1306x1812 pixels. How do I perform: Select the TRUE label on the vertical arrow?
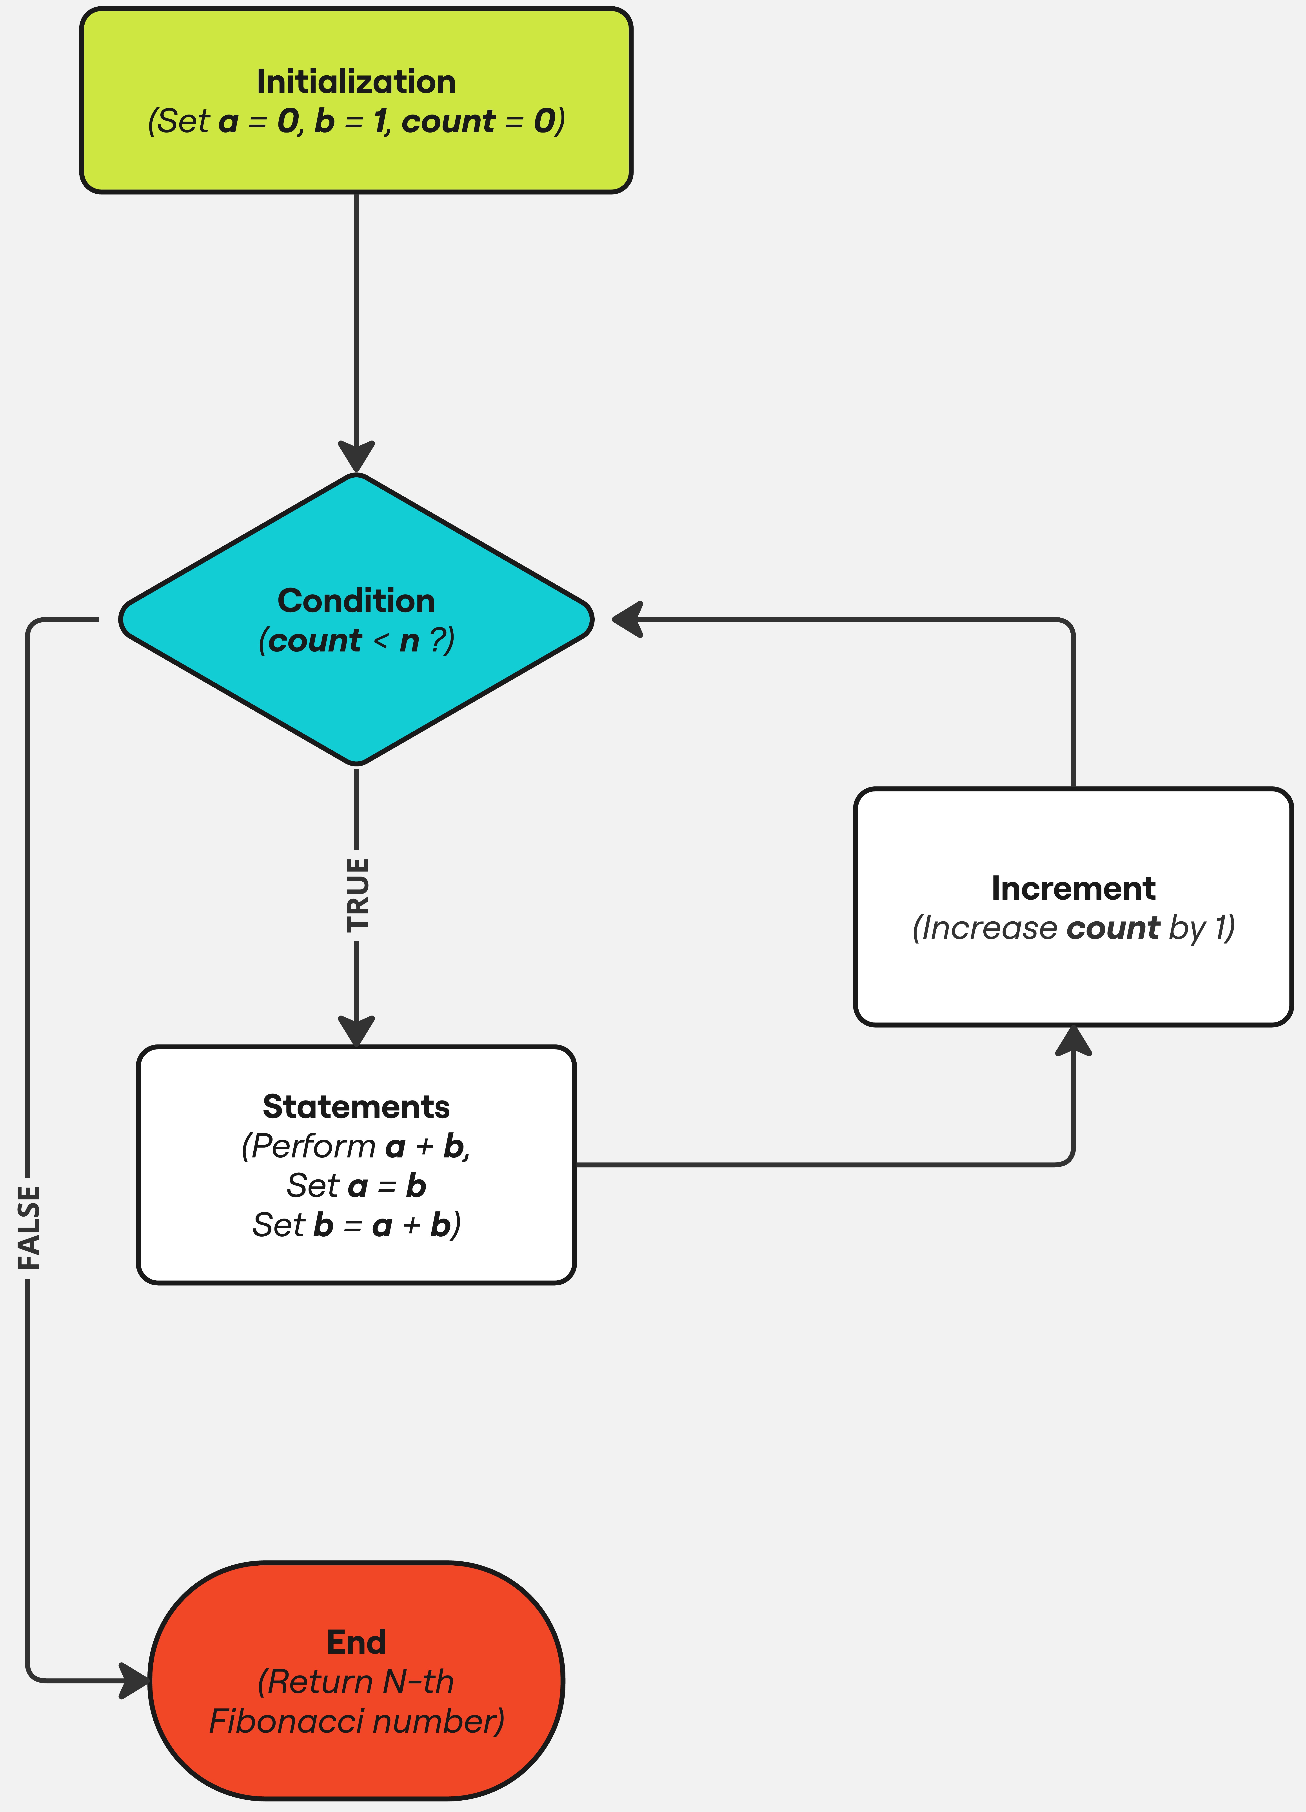tap(357, 894)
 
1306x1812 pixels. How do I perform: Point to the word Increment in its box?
tap(1073, 888)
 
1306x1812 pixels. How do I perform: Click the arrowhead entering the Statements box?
tap(356, 1031)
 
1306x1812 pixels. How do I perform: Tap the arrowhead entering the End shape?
tap(134, 1680)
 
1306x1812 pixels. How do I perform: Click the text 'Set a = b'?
tap(356, 1186)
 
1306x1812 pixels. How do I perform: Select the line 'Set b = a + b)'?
tap(356, 1225)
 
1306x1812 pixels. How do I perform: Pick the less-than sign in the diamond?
tap(380, 640)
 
